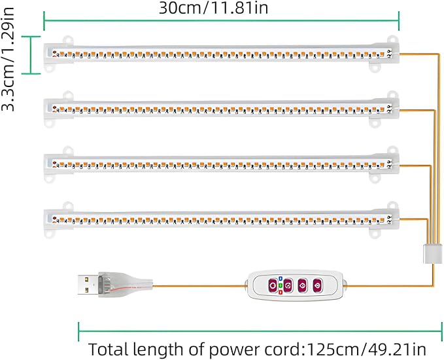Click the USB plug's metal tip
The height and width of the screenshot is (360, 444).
point(88,285)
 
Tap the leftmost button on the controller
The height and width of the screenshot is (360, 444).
point(273,286)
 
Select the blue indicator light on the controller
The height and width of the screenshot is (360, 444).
point(281,278)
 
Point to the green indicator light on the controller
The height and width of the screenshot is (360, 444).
point(281,285)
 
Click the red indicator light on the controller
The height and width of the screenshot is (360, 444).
point(281,292)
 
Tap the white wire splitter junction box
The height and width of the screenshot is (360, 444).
point(433,254)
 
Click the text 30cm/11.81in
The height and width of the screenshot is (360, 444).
point(213,9)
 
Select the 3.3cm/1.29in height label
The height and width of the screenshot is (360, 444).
point(8,59)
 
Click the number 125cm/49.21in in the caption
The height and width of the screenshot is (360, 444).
point(366,350)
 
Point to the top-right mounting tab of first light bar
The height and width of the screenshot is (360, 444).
point(392,39)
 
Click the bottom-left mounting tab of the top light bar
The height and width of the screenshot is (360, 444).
point(50,68)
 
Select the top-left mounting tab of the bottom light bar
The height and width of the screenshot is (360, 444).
point(68,206)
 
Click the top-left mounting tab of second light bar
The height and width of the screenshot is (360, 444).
point(68,96)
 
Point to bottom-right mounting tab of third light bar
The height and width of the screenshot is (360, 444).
point(375,178)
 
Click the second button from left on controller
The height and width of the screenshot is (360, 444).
point(288,286)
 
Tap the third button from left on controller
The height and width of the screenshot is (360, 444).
point(303,286)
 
